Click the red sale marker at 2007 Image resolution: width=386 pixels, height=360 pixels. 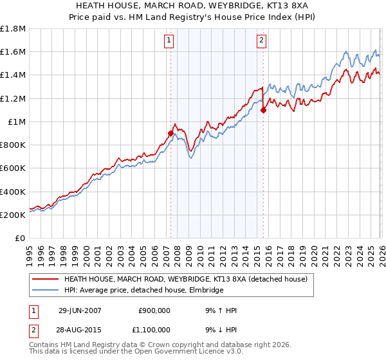[170, 133]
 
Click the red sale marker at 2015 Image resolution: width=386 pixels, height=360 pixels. [263, 110]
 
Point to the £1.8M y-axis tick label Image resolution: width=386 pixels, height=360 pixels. [14, 29]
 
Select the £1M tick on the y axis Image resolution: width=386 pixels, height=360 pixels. [17, 122]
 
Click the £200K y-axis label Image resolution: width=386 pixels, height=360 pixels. [14, 215]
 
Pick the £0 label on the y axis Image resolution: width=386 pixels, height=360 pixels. [21, 238]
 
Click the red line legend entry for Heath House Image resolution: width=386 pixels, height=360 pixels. [186, 280]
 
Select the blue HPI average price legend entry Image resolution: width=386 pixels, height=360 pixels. [143, 291]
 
